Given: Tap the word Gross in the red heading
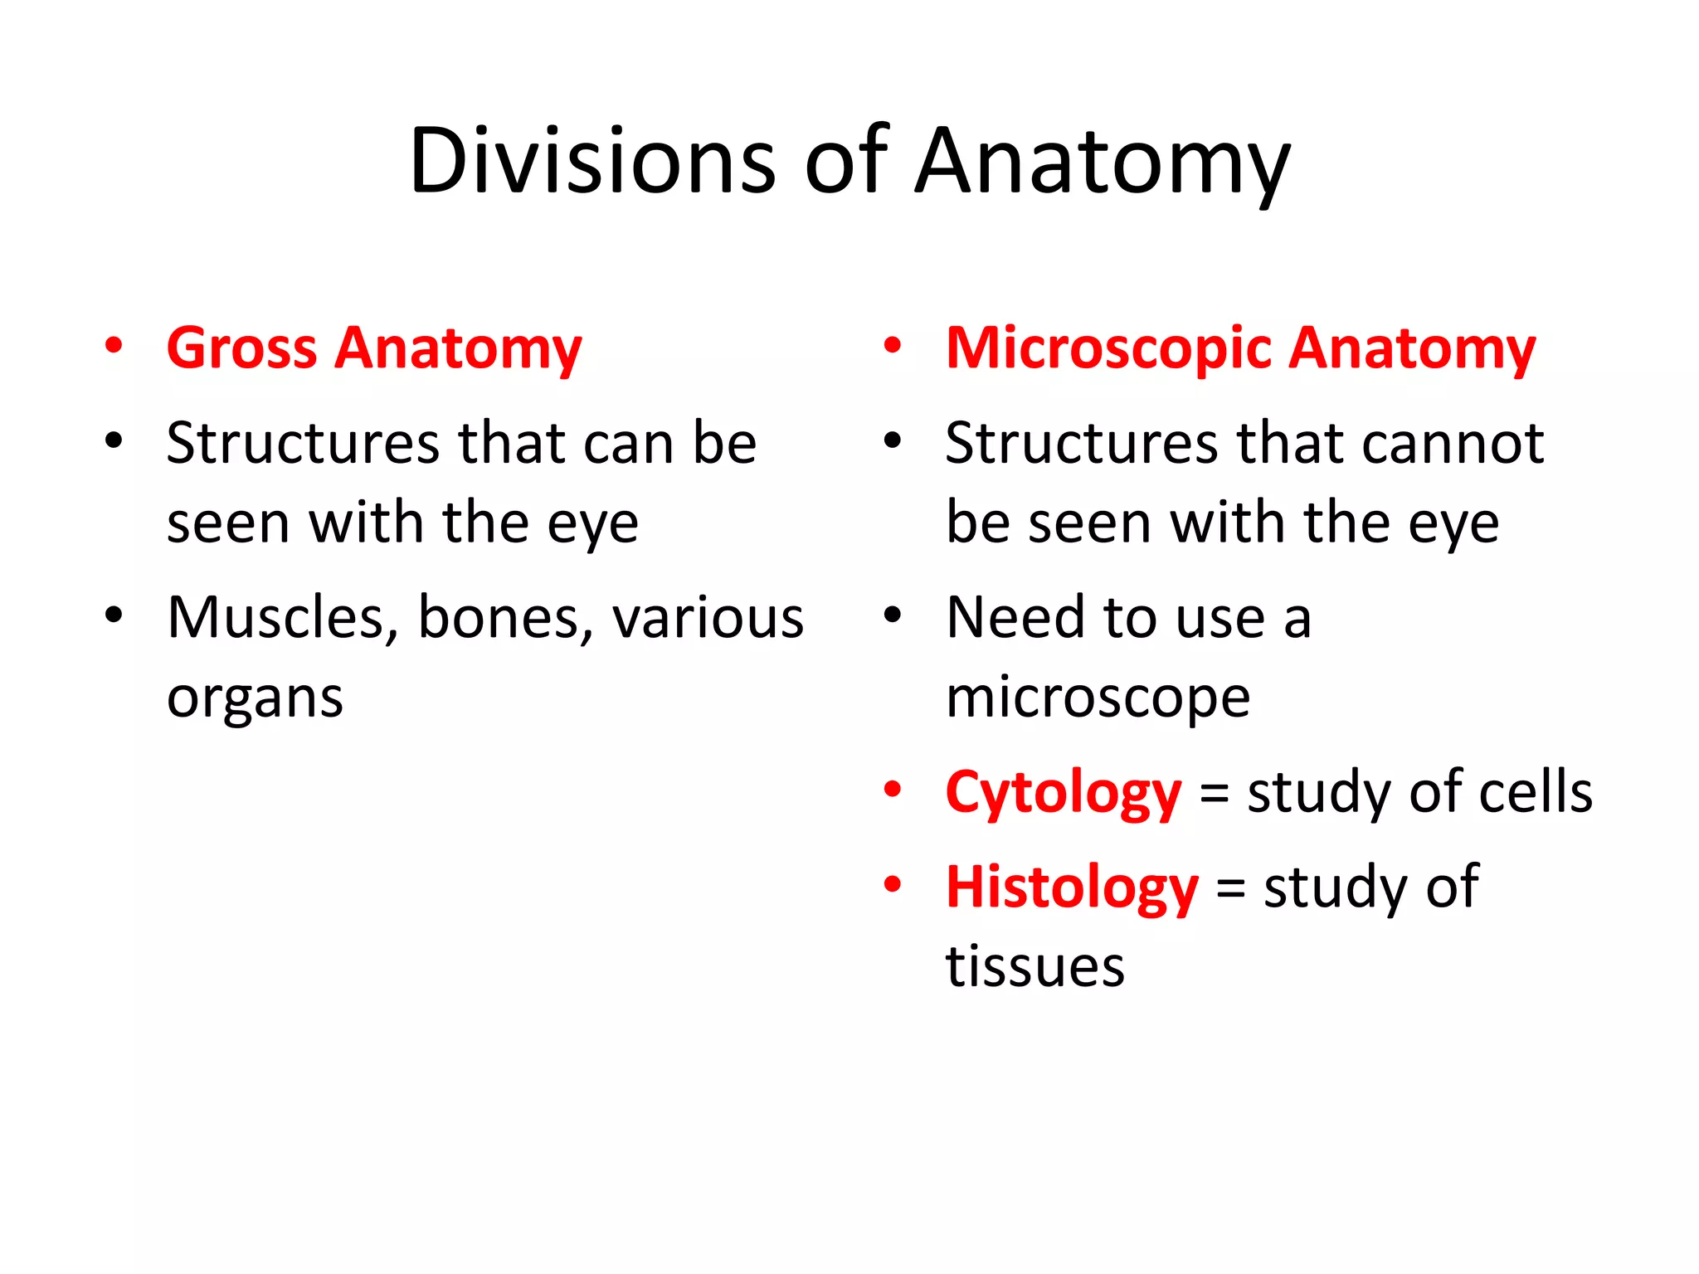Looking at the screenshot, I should click(241, 348).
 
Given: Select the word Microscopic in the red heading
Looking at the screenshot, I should click(1108, 348).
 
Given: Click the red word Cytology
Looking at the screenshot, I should click(1063, 793).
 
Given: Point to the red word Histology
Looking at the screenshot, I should click(1072, 887).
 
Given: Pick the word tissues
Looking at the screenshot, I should click(1034, 966).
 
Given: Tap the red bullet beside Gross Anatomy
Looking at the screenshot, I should click(114, 345).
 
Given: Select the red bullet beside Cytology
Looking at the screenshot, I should click(893, 789).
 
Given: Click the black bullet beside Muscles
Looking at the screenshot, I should click(114, 615).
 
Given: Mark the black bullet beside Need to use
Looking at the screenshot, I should click(893, 615).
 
